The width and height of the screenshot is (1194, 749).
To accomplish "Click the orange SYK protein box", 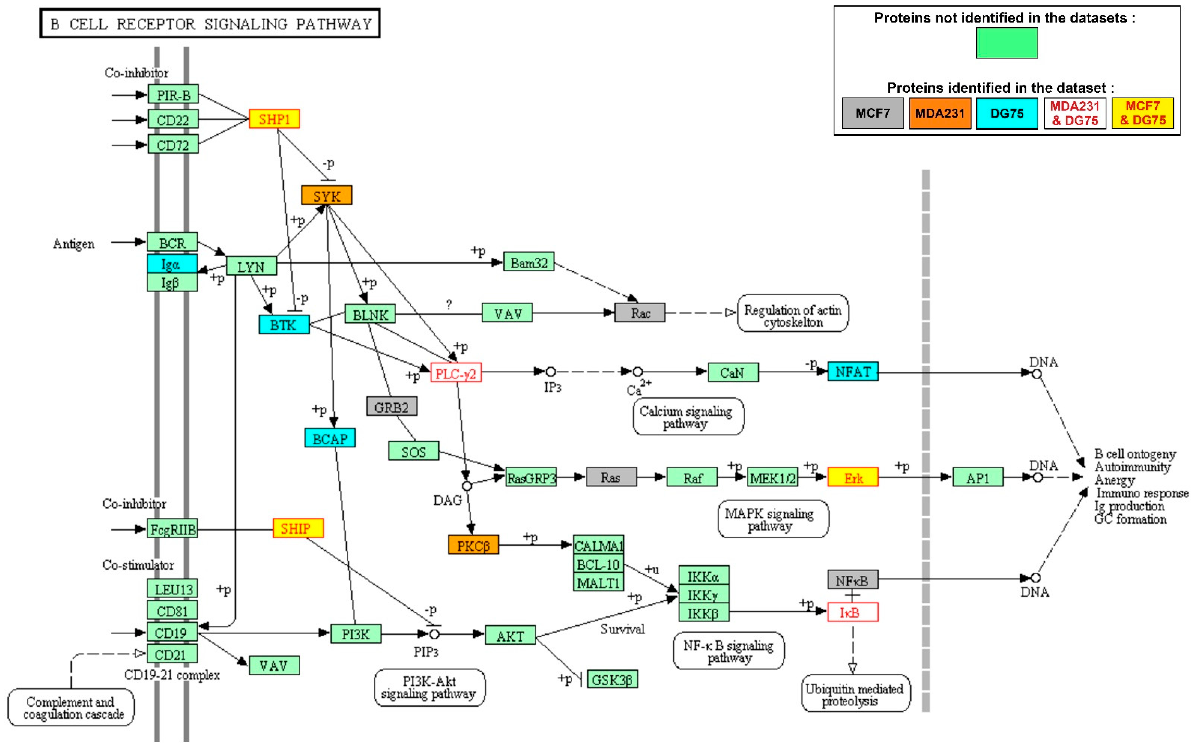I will (x=326, y=195).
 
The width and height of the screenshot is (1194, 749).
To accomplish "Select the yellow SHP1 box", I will (x=274, y=119).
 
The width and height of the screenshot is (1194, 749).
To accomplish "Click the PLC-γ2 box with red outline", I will (x=455, y=372).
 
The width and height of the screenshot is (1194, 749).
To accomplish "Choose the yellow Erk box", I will (x=853, y=477).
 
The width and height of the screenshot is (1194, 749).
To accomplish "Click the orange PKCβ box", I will (x=473, y=545).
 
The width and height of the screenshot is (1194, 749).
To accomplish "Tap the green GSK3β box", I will (x=612, y=679).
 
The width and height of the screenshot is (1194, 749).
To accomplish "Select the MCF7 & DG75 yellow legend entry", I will (x=1142, y=113).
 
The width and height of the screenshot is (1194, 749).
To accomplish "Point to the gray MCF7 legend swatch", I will (x=873, y=113).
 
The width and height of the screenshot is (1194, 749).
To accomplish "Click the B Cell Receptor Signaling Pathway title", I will (x=210, y=23).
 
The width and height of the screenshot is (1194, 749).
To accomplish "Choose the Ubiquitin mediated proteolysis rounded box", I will (x=855, y=694).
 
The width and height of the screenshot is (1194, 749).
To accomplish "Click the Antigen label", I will (x=74, y=244).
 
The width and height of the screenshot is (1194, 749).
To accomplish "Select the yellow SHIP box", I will (x=298, y=528).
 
